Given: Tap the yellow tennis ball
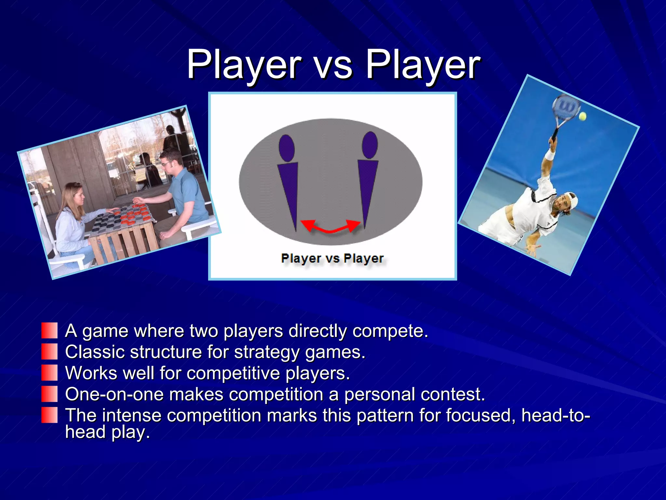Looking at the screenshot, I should pos(582,116).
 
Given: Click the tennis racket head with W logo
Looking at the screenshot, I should pos(566,107).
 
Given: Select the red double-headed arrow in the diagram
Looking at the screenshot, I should pos(331,226).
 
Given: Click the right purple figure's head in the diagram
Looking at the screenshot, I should pos(370,145).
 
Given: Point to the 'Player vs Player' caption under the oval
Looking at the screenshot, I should pos(332,258).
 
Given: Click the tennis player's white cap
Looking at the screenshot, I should pos(572,200).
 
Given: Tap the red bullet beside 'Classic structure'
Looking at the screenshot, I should pos(49,352).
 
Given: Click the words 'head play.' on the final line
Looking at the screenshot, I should pos(107,432).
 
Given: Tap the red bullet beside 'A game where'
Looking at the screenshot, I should pos(49,330).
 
